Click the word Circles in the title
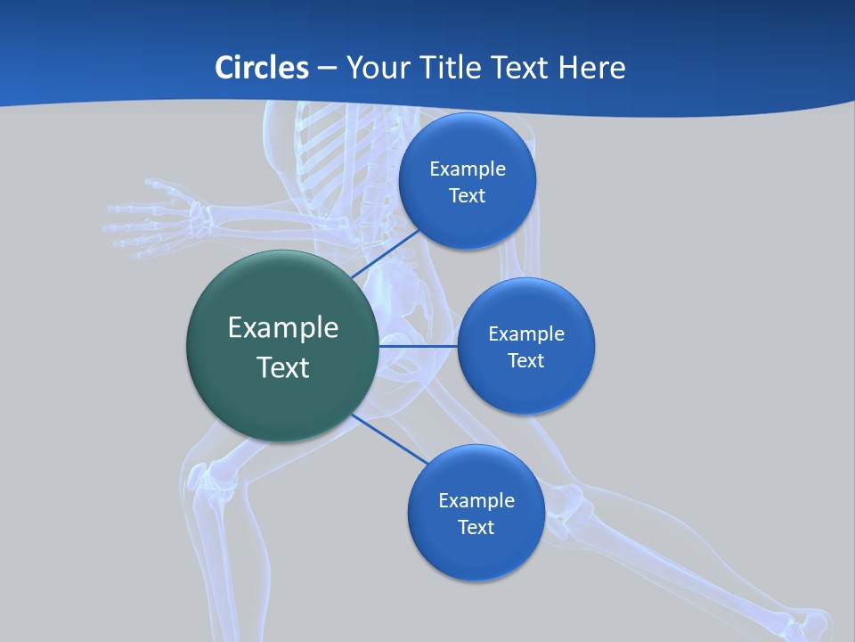[261, 67]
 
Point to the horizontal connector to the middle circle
[418, 346]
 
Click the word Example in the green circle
[283, 327]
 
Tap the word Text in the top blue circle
[467, 196]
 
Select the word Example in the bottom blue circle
[476, 500]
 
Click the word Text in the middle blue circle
[525, 360]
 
